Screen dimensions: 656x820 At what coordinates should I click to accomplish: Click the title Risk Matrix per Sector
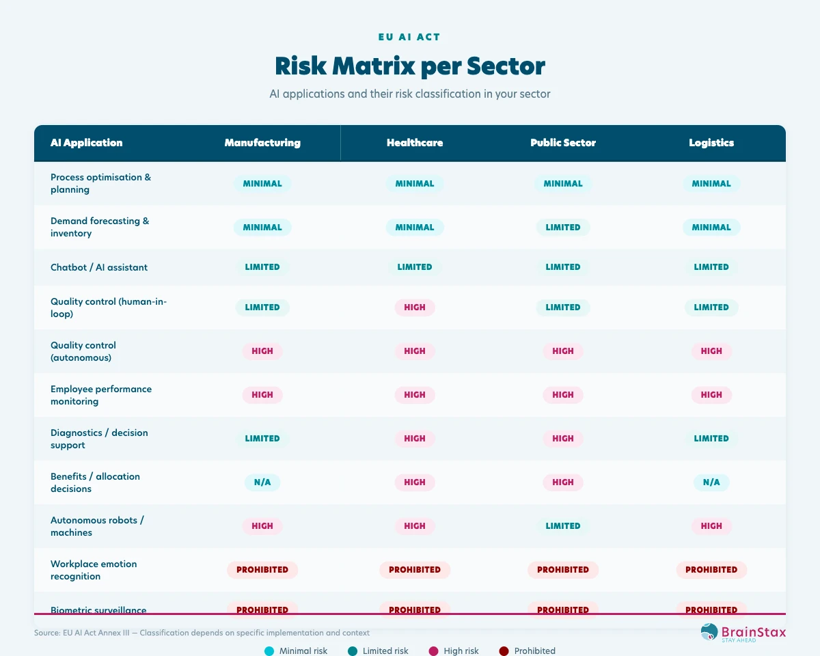click(x=410, y=66)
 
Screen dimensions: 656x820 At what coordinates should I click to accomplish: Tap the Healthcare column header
click(x=415, y=143)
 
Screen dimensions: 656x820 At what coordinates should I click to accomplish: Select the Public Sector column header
click(x=563, y=143)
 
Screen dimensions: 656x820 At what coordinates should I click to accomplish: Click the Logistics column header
click(x=711, y=143)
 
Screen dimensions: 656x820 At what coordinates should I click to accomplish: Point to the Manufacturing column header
click(x=262, y=143)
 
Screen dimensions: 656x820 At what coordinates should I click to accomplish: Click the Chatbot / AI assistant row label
click(x=99, y=267)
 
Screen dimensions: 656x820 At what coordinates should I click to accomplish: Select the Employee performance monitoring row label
click(x=101, y=395)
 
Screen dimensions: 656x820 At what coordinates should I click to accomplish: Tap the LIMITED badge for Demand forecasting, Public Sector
click(x=563, y=228)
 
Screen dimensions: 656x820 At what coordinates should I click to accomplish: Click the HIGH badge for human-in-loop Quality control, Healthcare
click(x=415, y=307)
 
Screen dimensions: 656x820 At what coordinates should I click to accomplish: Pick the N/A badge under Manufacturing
click(x=262, y=482)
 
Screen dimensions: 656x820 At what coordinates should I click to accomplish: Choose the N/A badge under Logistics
click(x=711, y=482)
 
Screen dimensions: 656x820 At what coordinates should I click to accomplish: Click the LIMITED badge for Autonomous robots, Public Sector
click(x=563, y=526)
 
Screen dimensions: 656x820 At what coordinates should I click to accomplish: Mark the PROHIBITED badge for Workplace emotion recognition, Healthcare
click(x=415, y=570)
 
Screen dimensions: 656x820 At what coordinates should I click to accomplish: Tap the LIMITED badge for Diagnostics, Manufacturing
click(x=262, y=439)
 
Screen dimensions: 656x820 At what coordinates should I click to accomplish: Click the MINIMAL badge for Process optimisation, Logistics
click(x=711, y=184)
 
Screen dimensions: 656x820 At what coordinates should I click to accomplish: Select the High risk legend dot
click(x=433, y=651)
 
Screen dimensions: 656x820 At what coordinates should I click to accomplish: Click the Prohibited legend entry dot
click(x=504, y=651)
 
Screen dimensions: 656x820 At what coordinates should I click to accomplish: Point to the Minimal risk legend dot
click(x=269, y=651)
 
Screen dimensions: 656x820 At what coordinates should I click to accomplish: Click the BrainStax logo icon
click(x=710, y=632)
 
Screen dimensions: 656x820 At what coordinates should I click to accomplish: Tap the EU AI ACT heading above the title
click(x=410, y=37)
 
